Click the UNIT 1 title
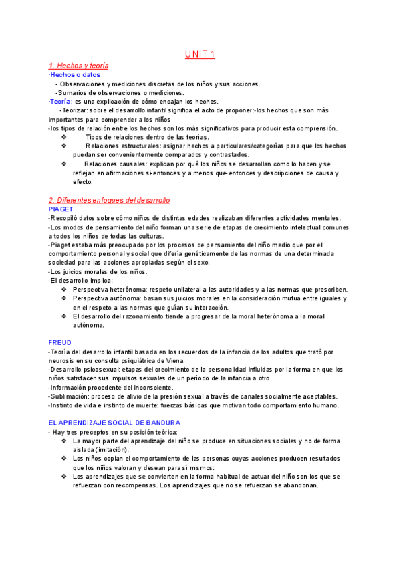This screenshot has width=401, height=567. pyautogui.click(x=200, y=54)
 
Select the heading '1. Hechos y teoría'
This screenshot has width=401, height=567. pyautogui.click(x=79, y=66)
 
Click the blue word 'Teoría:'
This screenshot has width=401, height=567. pyautogui.click(x=61, y=101)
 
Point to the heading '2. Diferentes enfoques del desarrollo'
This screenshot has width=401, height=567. pyautogui.click(x=110, y=200)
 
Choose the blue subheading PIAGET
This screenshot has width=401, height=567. pyautogui.click(x=61, y=209)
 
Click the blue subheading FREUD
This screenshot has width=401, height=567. pyautogui.click(x=61, y=342)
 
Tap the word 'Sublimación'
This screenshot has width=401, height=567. pyautogui.click(x=69, y=396)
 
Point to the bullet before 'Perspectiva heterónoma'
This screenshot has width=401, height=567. pyautogui.click(x=63, y=290)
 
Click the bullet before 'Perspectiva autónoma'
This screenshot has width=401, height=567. pyautogui.click(x=63, y=298)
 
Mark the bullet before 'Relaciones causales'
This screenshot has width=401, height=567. pyautogui.click(x=63, y=164)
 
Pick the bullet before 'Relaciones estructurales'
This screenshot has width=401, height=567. pyautogui.click(x=63, y=146)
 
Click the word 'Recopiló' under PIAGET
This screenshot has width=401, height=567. pyautogui.click(x=66, y=217)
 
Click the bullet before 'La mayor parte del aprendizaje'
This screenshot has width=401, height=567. pyautogui.click(x=63, y=441)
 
